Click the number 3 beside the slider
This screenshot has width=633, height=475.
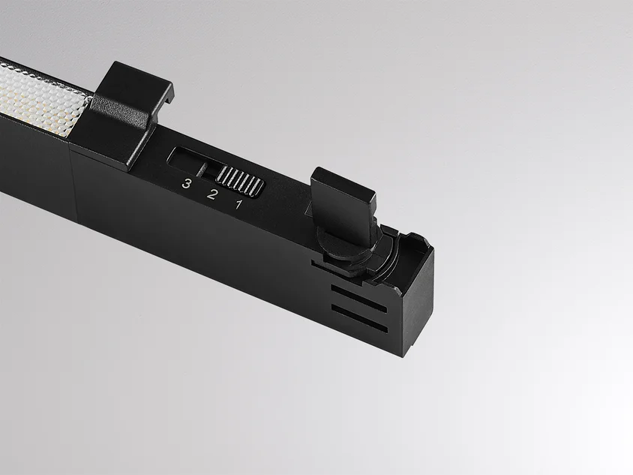pos(186,184)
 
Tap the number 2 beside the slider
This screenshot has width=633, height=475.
pos(211,194)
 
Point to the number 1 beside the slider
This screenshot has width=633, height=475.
pos(238,204)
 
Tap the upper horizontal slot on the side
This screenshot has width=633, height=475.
pos(359,299)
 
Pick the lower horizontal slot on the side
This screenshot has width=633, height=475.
pos(359,318)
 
